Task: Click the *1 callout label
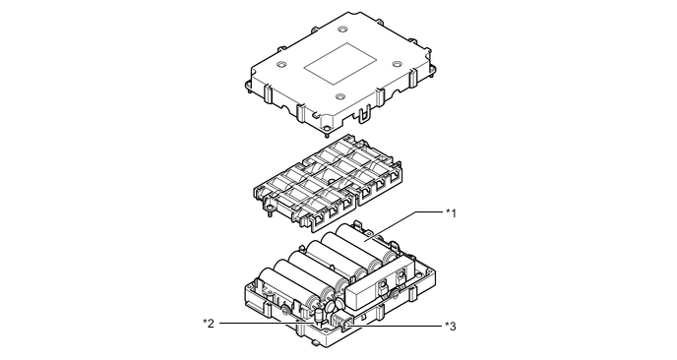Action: [x=451, y=213]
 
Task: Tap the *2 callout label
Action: [x=209, y=323]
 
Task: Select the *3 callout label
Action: [x=451, y=326]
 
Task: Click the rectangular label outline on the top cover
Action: [x=339, y=64]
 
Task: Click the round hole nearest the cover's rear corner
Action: [x=342, y=30]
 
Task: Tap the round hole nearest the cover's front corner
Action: [x=340, y=96]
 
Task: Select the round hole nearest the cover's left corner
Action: [x=281, y=64]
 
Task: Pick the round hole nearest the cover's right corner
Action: [x=398, y=64]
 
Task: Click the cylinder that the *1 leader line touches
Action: [x=367, y=244]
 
